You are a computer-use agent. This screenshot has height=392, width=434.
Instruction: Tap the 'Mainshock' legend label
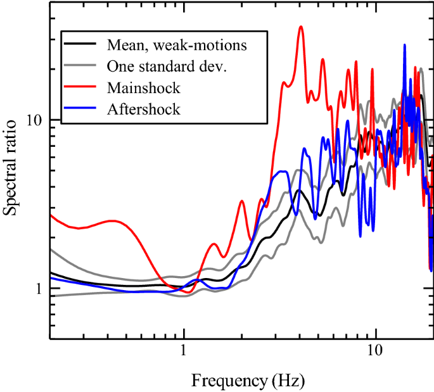tap(144, 87)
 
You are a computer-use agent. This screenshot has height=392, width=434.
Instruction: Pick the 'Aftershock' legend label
tap(144, 108)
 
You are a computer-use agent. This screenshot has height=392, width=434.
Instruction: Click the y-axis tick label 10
tap(34, 120)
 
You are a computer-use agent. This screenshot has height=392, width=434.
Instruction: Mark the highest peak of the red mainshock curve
tap(301, 27)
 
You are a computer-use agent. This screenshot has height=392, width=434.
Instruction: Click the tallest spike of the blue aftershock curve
tap(404, 45)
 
